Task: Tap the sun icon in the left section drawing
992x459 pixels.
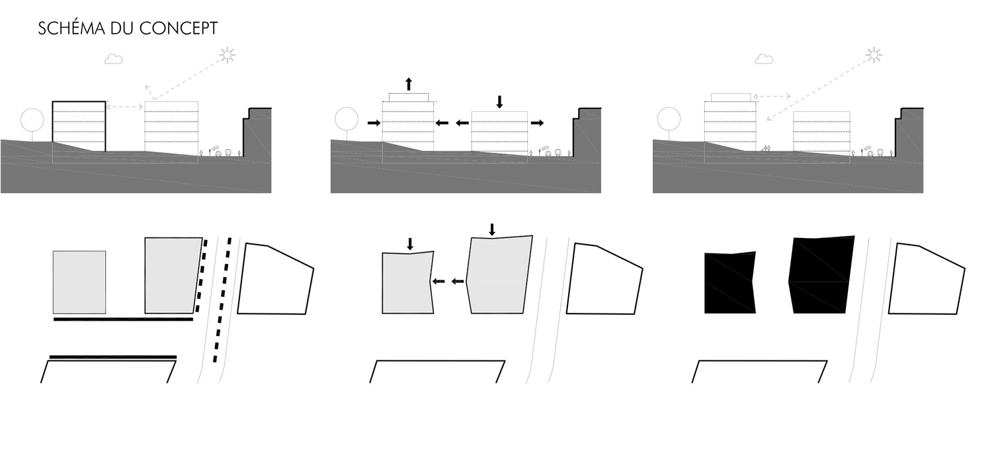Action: [227, 55]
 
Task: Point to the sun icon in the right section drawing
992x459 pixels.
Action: [874, 55]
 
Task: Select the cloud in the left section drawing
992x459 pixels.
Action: [113, 59]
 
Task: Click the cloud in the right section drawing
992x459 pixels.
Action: [763, 59]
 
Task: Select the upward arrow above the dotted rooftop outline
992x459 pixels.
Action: [409, 84]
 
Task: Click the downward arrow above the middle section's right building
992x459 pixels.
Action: [499, 102]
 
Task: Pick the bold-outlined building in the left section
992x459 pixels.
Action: [79, 127]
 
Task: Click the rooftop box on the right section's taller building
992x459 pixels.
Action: [731, 97]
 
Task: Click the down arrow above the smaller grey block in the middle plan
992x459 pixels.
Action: [410, 244]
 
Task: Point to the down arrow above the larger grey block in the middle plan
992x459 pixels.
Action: [492, 230]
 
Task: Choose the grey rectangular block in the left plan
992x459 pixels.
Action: [79, 282]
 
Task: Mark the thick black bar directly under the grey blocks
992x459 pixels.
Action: [124, 319]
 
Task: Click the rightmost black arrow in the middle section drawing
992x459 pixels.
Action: [537, 123]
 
